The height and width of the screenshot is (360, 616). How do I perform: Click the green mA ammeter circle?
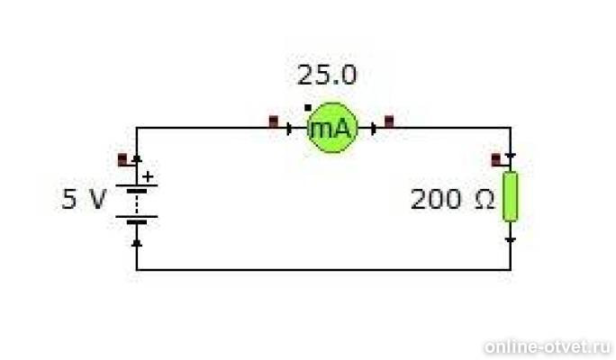[332, 128]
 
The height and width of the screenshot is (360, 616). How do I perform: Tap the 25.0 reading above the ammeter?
[327, 75]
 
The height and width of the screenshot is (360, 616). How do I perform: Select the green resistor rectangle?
[511, 196]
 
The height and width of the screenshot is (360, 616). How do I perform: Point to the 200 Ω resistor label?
[452, 199]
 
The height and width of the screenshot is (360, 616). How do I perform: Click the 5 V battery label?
[84, 199]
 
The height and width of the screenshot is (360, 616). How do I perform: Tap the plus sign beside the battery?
[148, 176]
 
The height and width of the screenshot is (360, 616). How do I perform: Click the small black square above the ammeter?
[308, 108]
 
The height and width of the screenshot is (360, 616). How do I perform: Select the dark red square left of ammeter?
[274, 121]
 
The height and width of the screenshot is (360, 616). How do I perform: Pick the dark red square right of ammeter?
[389, 121]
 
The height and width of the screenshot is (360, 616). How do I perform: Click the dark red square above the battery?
[122, 159]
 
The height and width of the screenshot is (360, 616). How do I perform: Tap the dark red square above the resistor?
[496, 159]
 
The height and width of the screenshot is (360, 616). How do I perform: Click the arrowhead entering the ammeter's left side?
[290, 129]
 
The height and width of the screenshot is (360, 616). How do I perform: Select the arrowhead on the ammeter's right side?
[374, 129]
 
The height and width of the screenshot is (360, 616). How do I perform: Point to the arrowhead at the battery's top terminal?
[137, 158]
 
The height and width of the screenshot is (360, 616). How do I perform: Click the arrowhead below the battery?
[137, 243]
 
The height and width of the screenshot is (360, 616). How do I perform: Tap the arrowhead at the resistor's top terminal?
[511, 157]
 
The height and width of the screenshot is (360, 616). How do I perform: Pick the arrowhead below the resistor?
[511, 240]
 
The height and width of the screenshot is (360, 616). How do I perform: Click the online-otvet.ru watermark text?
[548, 346]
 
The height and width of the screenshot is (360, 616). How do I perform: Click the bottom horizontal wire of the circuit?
[323, 270]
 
